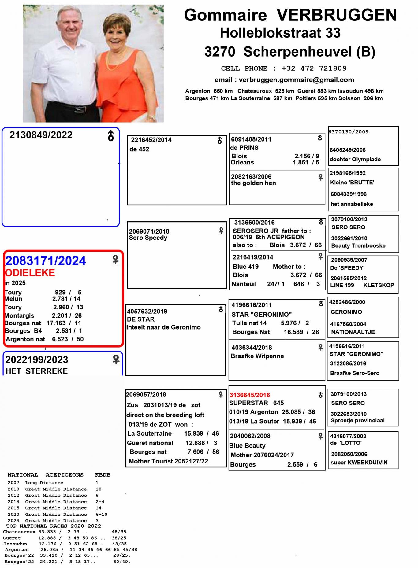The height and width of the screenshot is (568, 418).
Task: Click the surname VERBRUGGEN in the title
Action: coord(337,15)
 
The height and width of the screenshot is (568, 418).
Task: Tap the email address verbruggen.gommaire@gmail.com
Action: coord(296,80)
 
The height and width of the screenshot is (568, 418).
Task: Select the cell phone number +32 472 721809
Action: coord(314,68)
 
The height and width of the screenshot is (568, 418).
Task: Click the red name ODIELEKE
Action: coord(30,273)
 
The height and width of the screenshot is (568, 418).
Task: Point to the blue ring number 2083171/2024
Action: coord(46,261)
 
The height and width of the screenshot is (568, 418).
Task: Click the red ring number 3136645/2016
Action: coord(250,395)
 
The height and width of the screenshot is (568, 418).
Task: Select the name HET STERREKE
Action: coord(37,371)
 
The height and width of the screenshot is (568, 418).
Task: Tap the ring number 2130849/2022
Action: coord(41,135)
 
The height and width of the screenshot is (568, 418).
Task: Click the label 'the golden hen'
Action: coord(253,183)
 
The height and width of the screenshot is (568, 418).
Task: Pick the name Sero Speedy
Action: coord(148,238)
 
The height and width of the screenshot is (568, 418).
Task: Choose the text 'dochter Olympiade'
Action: coord(355,159)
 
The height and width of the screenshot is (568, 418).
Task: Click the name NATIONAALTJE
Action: coord(353,332)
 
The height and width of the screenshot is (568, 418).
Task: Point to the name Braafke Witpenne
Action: coord(257,356)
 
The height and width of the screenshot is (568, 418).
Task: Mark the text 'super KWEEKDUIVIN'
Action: coord(359,463)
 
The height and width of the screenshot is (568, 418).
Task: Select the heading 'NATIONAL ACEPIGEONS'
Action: coord(45,475)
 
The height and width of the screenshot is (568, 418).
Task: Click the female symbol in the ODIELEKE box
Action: coord(115,260)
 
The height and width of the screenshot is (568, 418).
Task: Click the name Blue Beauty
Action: coord(247,446)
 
